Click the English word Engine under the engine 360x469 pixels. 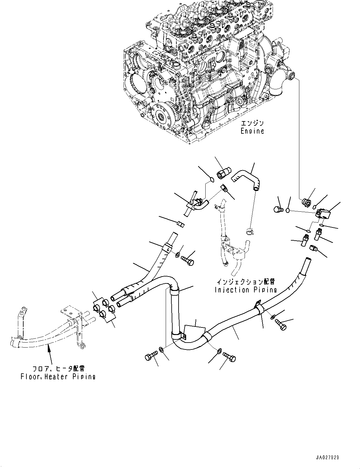(x=252, y=131)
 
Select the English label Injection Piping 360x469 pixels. (x=246, y=290)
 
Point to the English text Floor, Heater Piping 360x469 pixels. (x=58, y=376)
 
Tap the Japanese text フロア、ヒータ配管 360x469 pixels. (x=58, y=368)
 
